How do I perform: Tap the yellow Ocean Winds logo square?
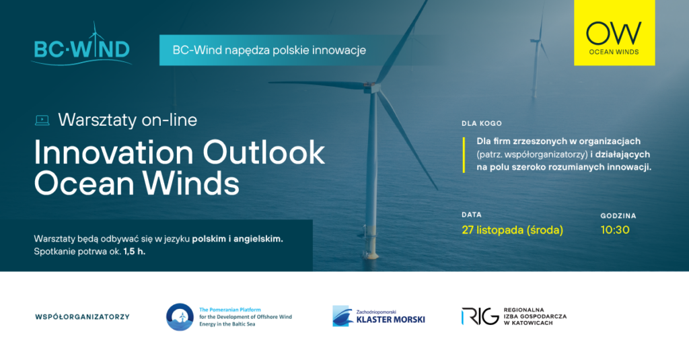[x=614, y=32]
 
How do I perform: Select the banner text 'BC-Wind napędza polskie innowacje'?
[x=269, y=50]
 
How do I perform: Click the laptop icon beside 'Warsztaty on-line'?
[x=42, y=120]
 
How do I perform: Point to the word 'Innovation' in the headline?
[x=114, y=153]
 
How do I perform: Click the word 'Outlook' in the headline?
[x=264, y=153]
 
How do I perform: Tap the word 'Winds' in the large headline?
[x=190, y=183]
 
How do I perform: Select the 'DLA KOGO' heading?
[x=482, y=124]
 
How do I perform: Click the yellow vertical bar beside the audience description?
[x=464, y=155]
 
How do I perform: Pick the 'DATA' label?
[x=472, y=215]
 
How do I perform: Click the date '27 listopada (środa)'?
[x=512, y=230]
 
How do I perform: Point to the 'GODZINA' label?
[x=618, y=216]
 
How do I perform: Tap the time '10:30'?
[x=615, y=230]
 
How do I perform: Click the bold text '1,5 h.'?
[x=135, y=252]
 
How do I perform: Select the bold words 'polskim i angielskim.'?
[x=238, y=239]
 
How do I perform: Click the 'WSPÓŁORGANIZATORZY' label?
[x=82, y=316]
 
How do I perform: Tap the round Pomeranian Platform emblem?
[x=180, y=316]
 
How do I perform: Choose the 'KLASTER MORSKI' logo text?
[x=391, y=320]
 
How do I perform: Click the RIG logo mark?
[x=480, y=316]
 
